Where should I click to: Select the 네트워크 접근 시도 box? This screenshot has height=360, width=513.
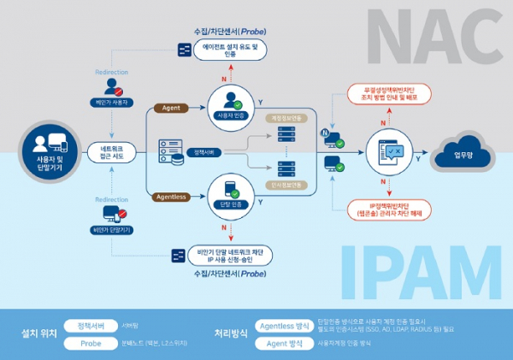(x=111, y=153)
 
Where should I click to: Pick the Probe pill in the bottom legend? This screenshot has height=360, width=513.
(x=90, y=342)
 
